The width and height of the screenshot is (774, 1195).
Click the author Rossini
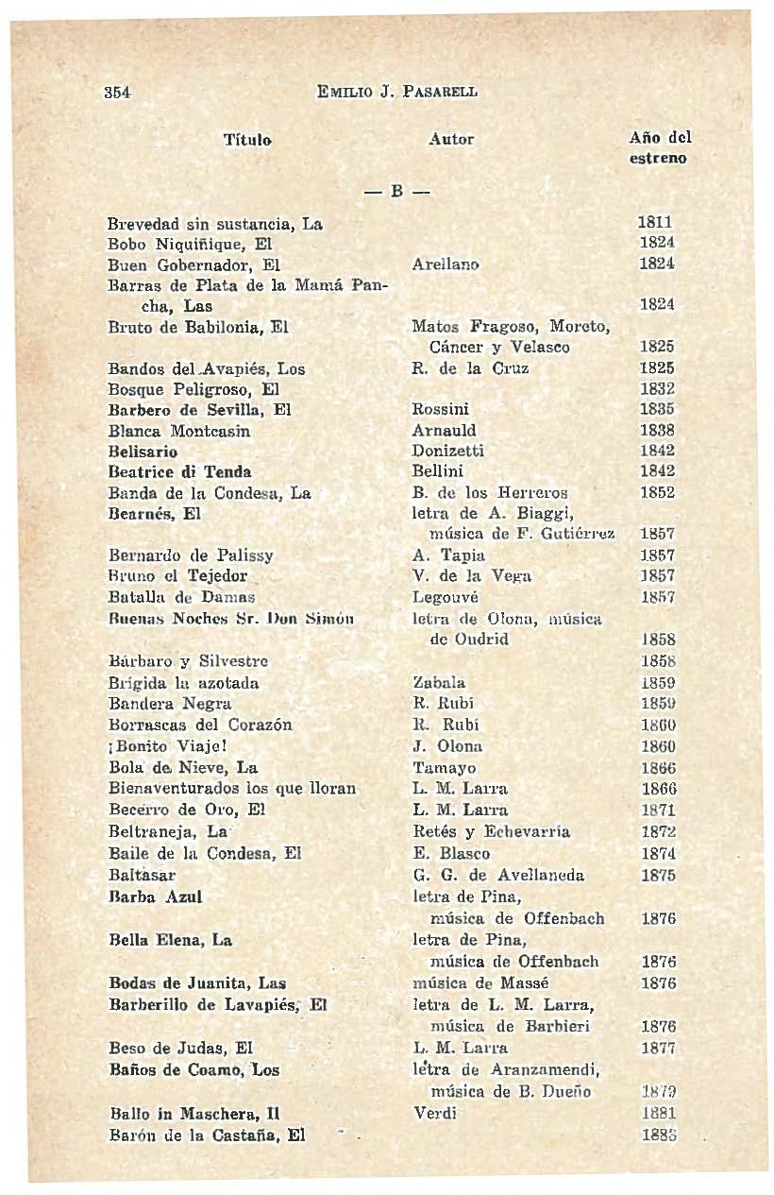click(441, 410)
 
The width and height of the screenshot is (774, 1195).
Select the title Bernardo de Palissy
click(177, 555)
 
